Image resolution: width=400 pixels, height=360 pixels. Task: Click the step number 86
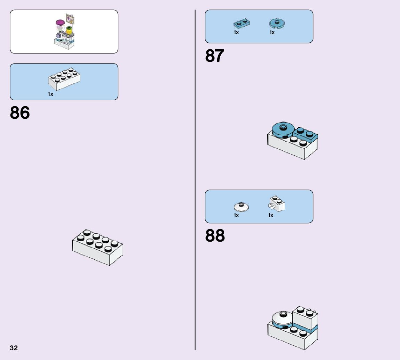pyautogui.click(x=20, y=113)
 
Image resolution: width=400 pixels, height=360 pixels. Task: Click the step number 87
pyautogui.click(x=214, y=56)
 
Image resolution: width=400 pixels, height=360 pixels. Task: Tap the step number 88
pyautogui.click(x=215, y=236)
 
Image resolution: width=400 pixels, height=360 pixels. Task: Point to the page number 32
pyautogui.click(x=14, y=348)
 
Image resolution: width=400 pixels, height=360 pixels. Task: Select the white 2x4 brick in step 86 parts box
pyautogui.click(x=64, y=78)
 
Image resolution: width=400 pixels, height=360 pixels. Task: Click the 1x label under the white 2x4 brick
pyautogui.click(x=51, y=94)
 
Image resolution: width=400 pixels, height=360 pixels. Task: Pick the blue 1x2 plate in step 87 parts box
pyautogui.click(x=242, y=24)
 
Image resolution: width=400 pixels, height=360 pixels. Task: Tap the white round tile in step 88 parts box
pyautogui.click(x=241, y=207)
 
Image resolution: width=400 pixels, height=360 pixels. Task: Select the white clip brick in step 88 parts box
pyautogui.click(x=277, y=204)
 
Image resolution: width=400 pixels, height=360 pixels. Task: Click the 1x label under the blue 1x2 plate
pyautogui.click(x=236, y=32)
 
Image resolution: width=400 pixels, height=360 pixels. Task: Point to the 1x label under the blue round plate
pyautogui.click(x=272, y=32)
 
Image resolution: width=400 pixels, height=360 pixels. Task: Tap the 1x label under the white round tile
pyautogui.click(x=236, y=215)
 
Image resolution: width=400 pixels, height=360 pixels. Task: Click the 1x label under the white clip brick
pyautogui.click(x=271, y=215)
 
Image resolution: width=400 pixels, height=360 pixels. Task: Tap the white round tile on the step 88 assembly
pyautogui.click(x=282, y=318)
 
